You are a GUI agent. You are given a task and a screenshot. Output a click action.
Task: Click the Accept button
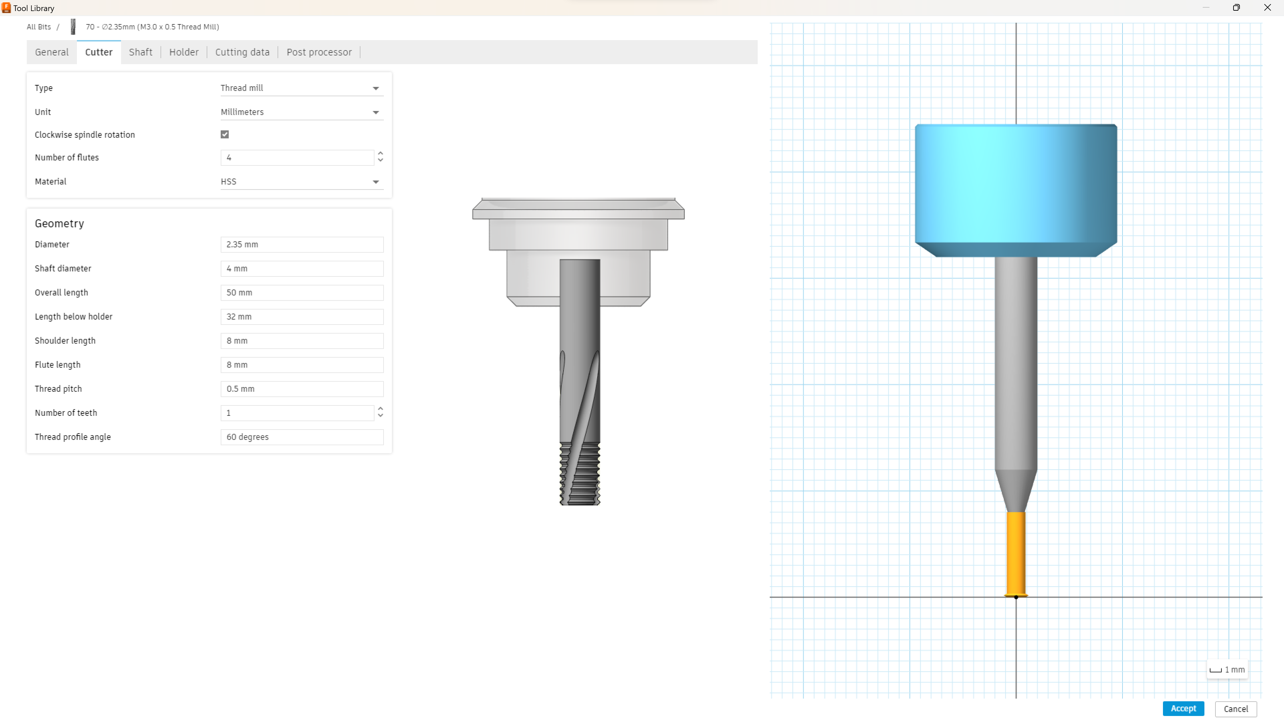(1183, 708)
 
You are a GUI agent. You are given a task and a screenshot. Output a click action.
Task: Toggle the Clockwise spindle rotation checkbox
(225, 134)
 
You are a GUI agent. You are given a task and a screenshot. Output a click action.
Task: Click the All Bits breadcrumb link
(39, 27)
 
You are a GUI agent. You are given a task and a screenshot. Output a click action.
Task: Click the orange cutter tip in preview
(1016, 553)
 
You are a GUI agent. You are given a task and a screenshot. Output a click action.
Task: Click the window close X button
(1267, 7)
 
